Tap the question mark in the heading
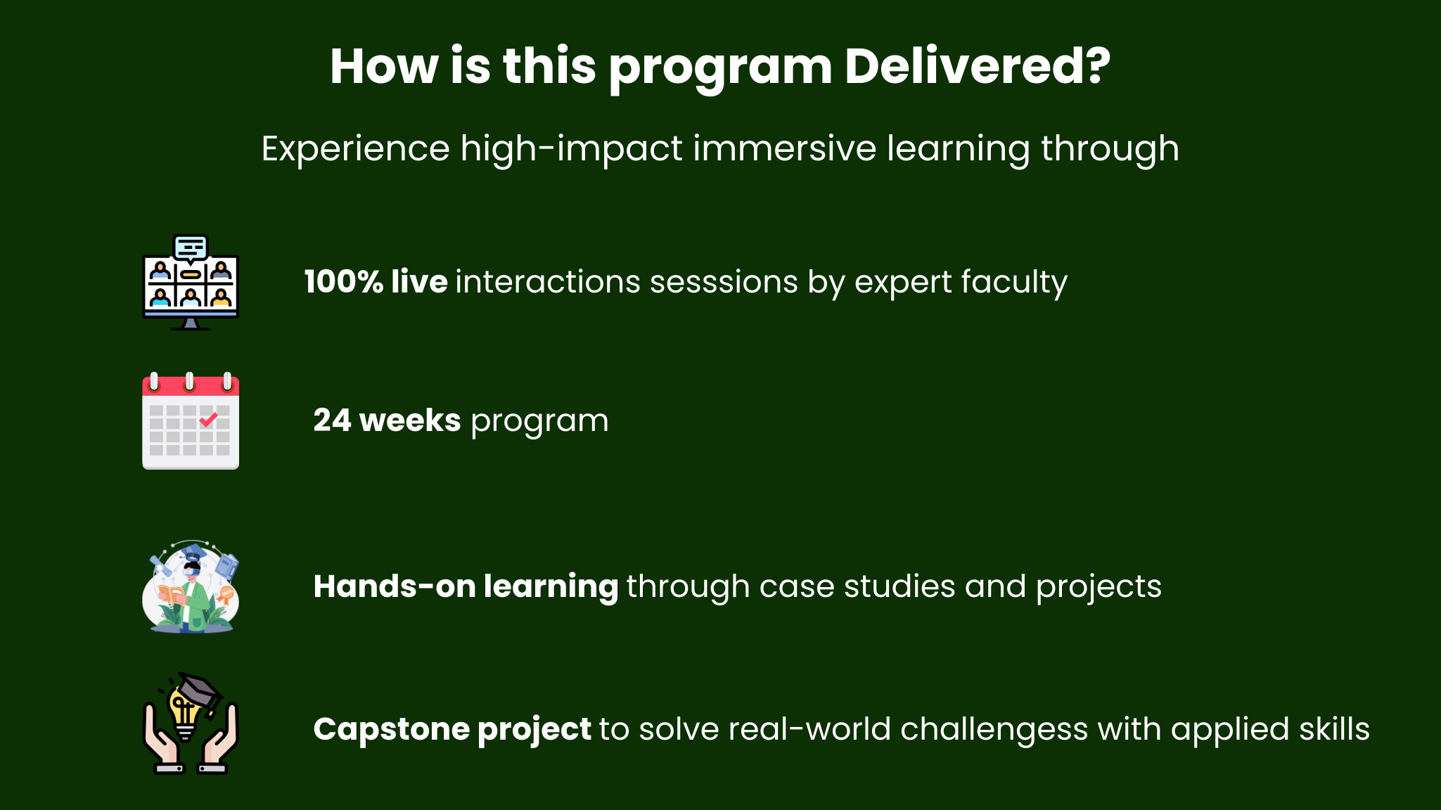click(x=1096, y=66)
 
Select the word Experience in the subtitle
click(x=355, y=150)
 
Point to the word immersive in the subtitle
click(x=784, y=148)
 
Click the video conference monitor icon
click(x=191, y=283)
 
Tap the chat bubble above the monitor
click(x=191, y=248)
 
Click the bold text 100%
click(x=343, y=282)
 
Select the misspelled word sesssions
click(x=724, y=283)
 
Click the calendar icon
click(x=191, y=420)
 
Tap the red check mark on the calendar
click(x=208, y=420)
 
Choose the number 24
click(x=332, y=420)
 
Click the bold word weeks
click(x=410, y=420)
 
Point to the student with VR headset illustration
click(x=191, y=587)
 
